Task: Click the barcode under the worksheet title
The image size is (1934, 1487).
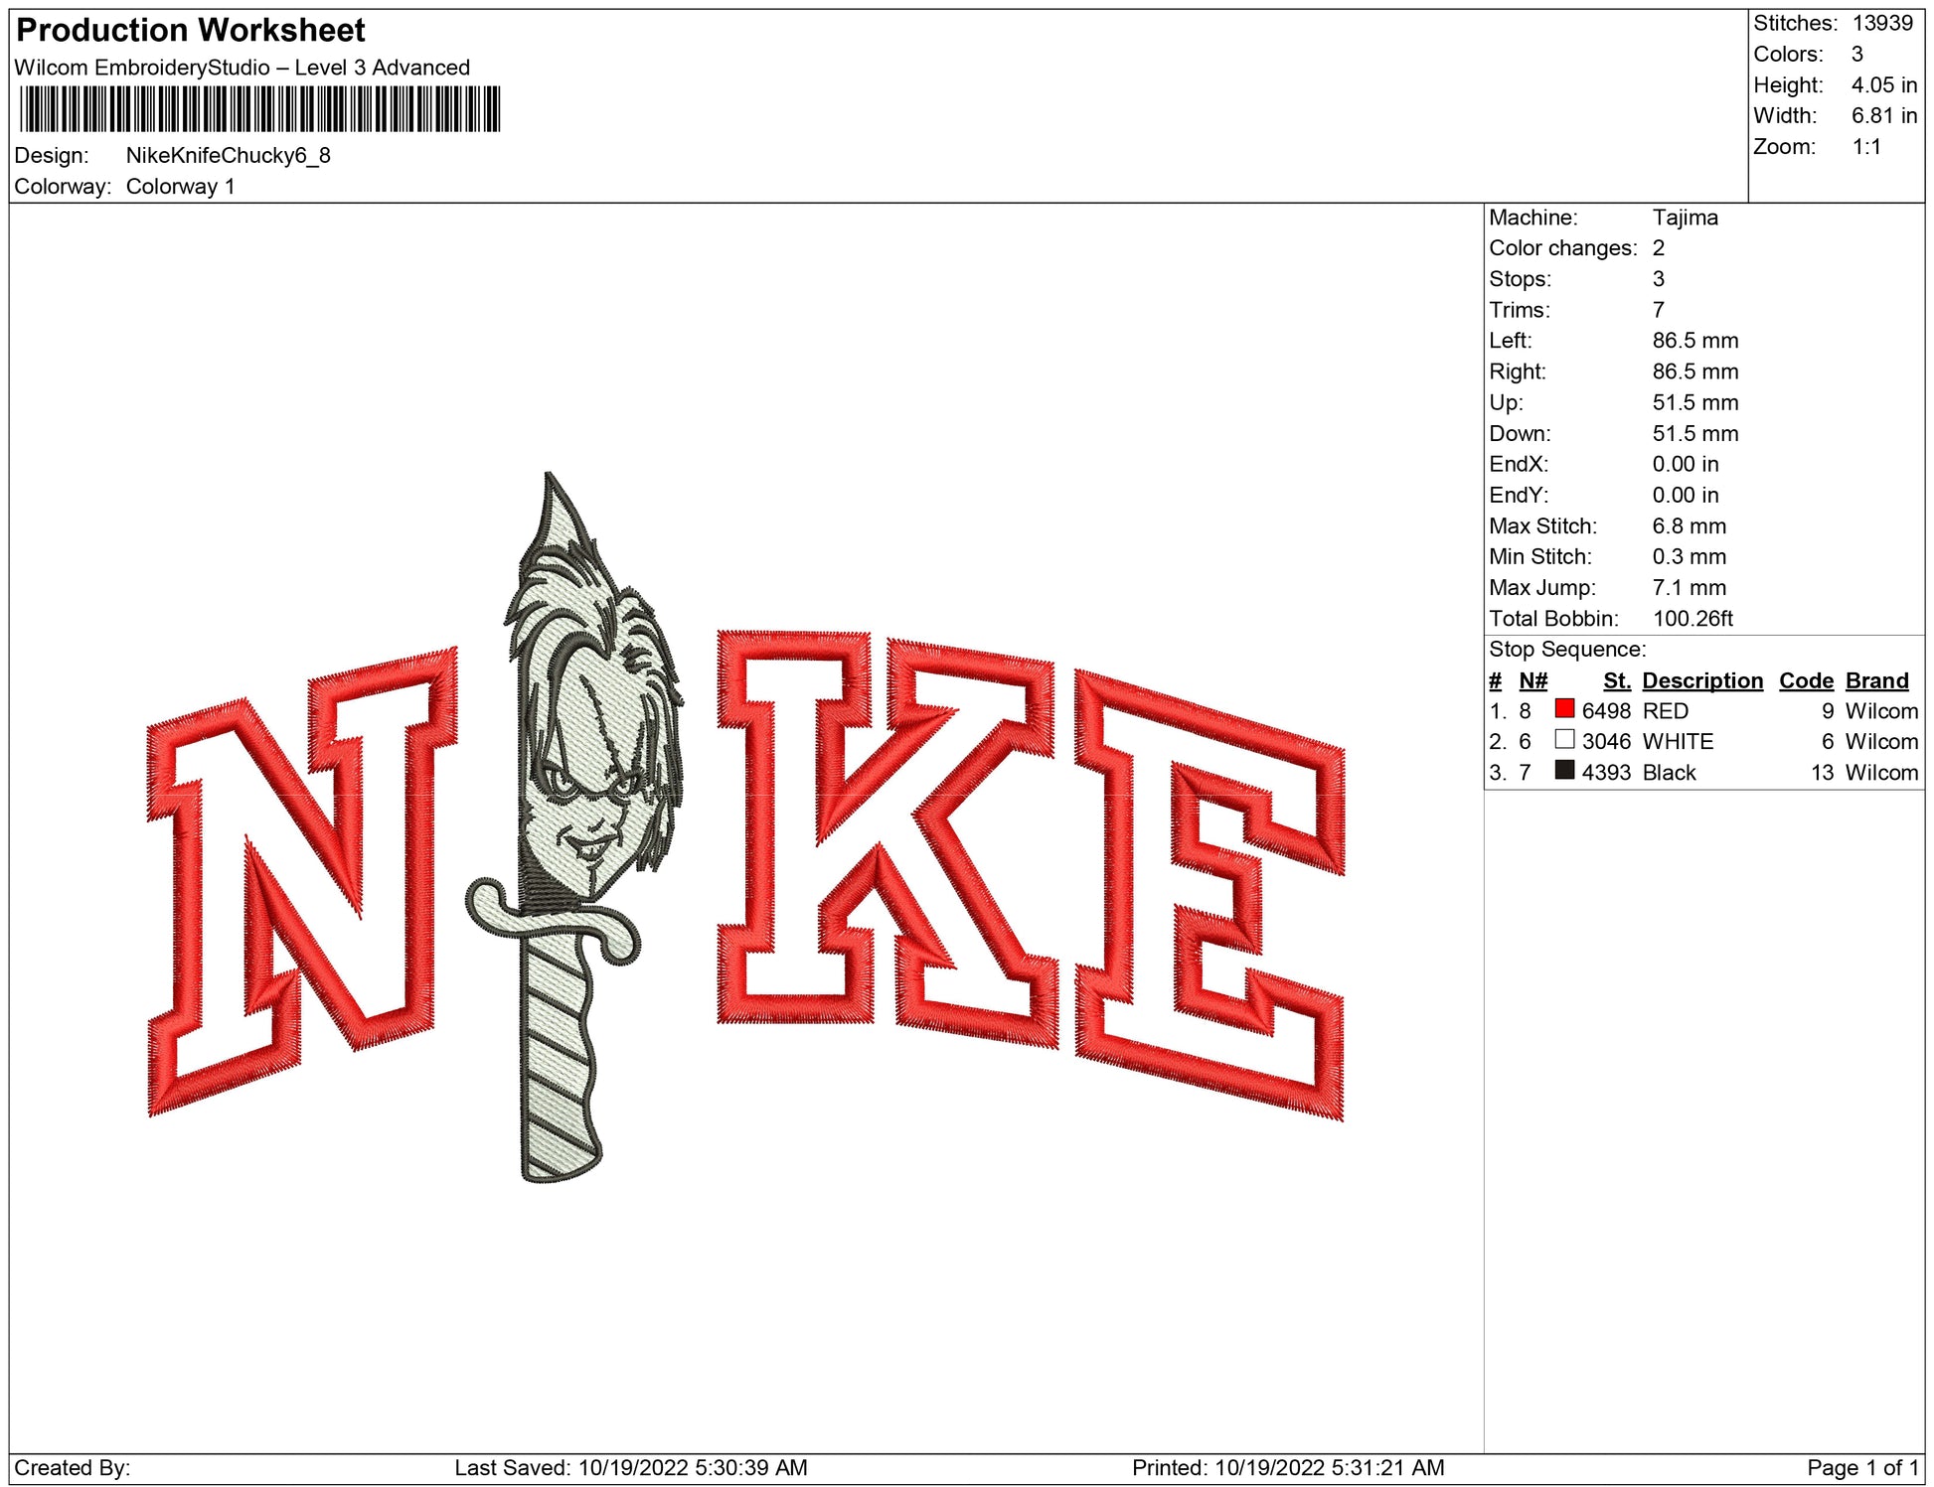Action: click(259, 109)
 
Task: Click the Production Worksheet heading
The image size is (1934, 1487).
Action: click(191, 31)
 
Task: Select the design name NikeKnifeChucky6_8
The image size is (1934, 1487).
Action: click(229, 156)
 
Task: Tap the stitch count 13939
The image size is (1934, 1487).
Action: click(1882, 23)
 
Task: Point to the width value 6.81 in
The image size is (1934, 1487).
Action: click(1884, 116)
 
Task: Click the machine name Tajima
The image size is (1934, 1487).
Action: click(1686, 218)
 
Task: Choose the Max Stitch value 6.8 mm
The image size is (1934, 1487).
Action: click(1690, 526)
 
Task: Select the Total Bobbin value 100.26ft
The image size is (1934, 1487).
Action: click(1692, 619)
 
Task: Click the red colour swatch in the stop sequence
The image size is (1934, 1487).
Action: click(1565, 709)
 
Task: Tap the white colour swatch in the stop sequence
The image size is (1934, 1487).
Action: click(1565, 740)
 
